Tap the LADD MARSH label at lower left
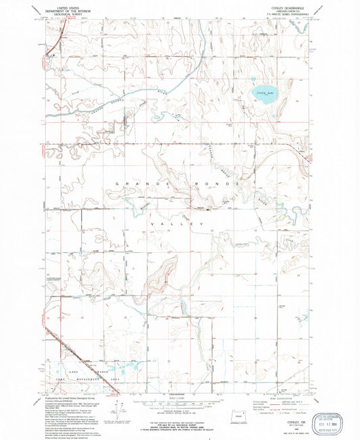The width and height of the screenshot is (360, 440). tap(71, 372)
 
